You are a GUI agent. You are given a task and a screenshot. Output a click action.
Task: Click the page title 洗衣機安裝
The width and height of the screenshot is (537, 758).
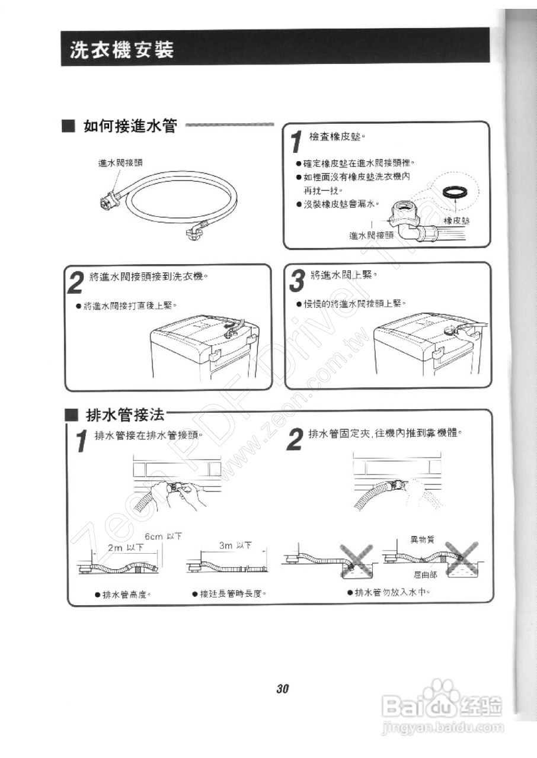pyautogui.click(x=122, y=50)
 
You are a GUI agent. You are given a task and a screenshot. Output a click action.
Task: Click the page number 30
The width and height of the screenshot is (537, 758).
pyautogui.click(x=282, y=689)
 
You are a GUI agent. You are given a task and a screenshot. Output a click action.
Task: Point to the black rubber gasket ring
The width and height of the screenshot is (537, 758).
pyautogui.click(x=456, y=192)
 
